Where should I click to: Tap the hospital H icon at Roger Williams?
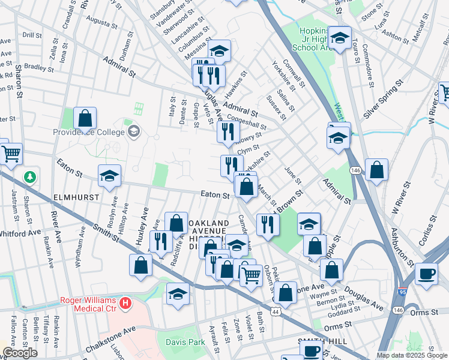click(125, 304)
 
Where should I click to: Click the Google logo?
click(19, 353)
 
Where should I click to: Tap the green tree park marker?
click(29, 178)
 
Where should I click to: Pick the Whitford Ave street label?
click(20, 233)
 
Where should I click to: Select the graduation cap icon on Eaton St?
click(109, 176)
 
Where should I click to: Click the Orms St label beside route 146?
click(424, 313)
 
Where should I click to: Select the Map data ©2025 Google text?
click(411, 355)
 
